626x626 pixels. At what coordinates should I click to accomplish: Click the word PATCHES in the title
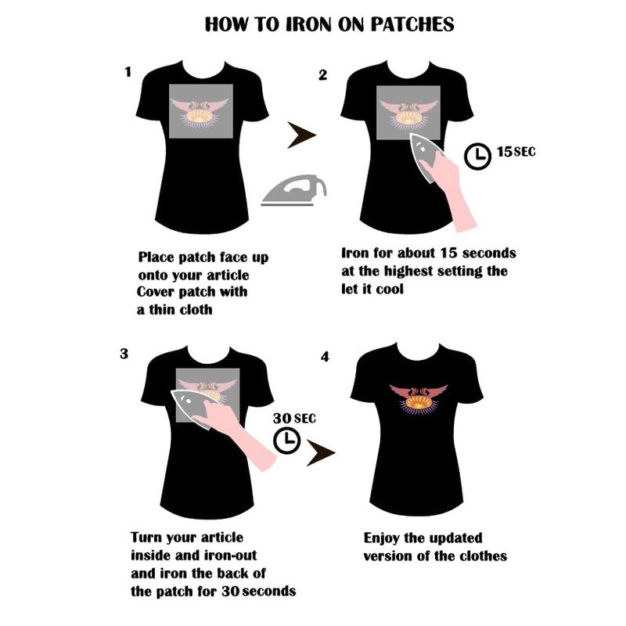pos(412,24)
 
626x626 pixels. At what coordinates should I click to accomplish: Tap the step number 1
pos(128,72)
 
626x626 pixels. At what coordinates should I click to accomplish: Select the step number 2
pos(322,75)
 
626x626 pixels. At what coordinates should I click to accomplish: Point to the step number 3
pos(124,354)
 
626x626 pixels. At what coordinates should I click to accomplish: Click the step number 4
pos(325,357)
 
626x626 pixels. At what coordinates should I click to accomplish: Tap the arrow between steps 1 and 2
pos(301,135)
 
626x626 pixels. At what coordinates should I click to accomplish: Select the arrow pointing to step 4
pos(321,453)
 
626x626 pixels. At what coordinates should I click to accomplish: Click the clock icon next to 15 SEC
pos(477,156)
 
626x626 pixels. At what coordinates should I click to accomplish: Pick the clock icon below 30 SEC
pos(286,441)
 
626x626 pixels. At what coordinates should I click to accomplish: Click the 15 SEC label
pos(516,152)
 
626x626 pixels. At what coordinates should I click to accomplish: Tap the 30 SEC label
pos(294,418)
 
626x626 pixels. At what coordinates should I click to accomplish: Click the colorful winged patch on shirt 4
pos(419,399)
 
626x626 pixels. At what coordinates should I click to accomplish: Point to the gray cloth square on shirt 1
pos(201,111)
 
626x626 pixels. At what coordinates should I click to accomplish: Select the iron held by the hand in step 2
pos(426,158)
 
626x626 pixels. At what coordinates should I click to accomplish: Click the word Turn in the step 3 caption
pos(146,537)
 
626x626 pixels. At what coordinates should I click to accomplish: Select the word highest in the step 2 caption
pos(408,271)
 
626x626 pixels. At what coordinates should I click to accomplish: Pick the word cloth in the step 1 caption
pos(196,309)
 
